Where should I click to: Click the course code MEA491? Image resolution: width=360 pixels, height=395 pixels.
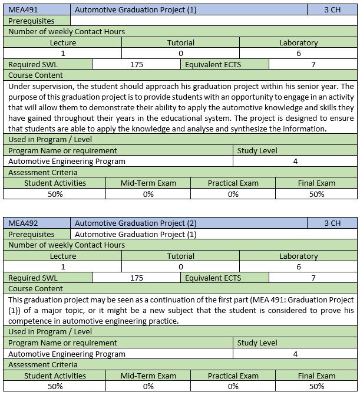23,10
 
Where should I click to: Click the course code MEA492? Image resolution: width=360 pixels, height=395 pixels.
23,223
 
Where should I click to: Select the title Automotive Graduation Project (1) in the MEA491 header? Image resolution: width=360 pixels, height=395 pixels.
136,10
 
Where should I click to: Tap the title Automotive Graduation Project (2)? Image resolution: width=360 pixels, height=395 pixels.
136,223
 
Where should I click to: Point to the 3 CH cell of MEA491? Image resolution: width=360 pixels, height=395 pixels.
332,10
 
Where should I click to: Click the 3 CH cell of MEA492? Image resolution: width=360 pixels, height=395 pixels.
332,223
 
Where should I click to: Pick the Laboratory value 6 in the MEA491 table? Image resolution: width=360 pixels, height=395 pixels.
298,54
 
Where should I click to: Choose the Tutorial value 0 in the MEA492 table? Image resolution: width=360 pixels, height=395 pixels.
180,267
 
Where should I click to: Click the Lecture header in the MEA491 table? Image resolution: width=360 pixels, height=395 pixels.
63,43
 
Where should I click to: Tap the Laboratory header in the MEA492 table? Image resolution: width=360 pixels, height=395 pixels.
298,256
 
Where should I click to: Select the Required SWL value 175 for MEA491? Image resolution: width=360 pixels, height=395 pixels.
136,65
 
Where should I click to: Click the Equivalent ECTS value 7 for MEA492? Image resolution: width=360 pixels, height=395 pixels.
313,278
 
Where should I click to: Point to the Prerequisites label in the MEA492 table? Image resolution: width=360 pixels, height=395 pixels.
32,234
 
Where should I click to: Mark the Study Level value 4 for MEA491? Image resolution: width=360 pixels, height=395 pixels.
295,162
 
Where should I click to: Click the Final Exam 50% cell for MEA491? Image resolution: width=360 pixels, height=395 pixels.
316,194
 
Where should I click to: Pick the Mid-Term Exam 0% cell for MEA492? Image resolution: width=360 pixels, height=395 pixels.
148,387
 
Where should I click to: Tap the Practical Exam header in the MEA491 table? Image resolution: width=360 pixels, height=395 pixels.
233,183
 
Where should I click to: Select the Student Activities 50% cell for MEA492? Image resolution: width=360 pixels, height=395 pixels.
55,387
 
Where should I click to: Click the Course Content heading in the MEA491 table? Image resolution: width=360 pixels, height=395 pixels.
36,75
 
